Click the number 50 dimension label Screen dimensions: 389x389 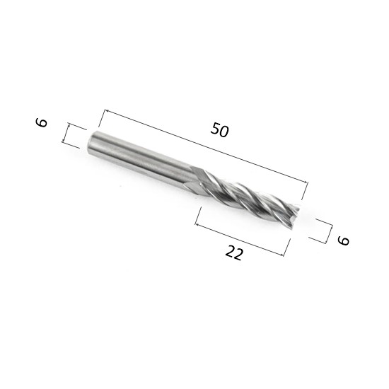tap(219, 129)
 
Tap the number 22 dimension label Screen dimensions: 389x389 tap(234, 252)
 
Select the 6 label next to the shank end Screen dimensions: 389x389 tap(42, 122)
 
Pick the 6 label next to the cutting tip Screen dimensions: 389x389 tap(343, 240)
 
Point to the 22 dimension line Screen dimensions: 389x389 tap(239, 240)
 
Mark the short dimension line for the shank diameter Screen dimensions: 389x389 tap(66, 134)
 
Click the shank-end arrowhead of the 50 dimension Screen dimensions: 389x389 tap(106, 110)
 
